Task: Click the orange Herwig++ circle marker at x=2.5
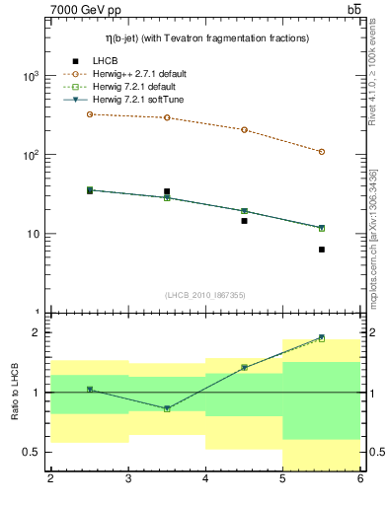pos(90,114)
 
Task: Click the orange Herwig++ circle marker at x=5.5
pos(322,152)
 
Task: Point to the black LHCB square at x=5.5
pos(322,250)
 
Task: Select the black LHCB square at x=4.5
pos(244,221)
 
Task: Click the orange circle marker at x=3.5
pos(167,117)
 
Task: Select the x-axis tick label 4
pos(205,479)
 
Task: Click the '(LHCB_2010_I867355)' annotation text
pos(204,295)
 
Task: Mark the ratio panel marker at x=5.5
pos(322,338)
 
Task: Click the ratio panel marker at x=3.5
pos(167,408)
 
